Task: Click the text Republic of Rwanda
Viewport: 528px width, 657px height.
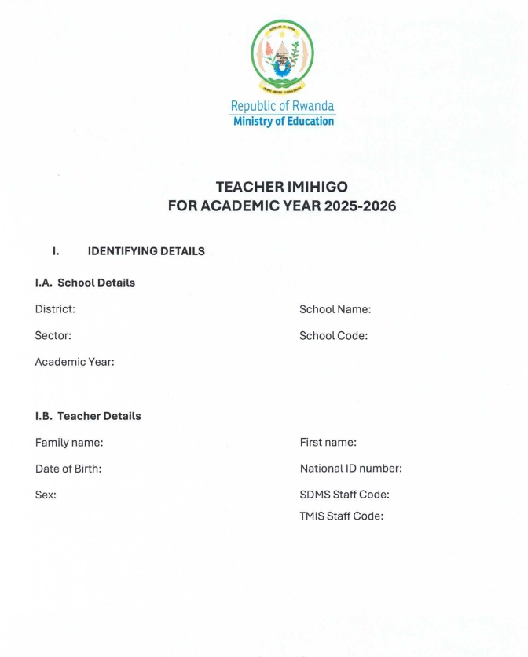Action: [x=282, y=106]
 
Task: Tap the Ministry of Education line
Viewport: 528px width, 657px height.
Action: [x=283, y=121]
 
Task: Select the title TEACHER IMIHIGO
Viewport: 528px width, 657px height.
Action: [x=282, y=187]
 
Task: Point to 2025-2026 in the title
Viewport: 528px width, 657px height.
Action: [x=360, y=206]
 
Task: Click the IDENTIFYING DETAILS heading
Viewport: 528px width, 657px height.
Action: [x=146, y=251]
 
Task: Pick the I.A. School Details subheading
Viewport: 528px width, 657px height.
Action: [x=85, y=283]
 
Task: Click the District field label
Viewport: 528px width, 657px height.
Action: [x=55, y=309]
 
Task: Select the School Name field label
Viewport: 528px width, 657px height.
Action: [x=335, y=309]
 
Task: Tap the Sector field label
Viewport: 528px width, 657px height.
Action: [x=53, y=336]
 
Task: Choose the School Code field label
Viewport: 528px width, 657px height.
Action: [x=333, y=336]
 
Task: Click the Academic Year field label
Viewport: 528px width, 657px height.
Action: [x=75, y=362]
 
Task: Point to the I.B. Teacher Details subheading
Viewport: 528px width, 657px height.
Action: [x=88, y=416]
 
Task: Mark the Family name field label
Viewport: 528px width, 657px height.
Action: [x=69, y=443]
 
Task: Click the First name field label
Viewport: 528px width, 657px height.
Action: [x=328, y=443]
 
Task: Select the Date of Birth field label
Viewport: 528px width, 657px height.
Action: [x=68, y=469]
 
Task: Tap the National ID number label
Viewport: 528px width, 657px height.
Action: [x=350, y=469]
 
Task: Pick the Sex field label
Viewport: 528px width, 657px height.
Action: [x=46, y=495]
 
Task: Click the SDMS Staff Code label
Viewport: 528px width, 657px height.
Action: [x=344, y=495]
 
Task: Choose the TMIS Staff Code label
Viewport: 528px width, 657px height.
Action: [x=341, y=516]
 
